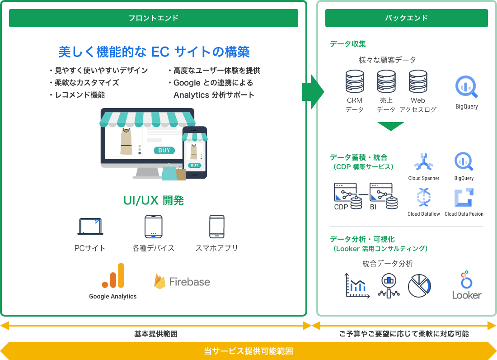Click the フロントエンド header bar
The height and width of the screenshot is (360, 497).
154,18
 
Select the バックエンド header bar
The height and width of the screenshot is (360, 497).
406,18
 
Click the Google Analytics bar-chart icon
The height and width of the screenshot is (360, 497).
113,276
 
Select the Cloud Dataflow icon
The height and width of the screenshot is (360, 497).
423,198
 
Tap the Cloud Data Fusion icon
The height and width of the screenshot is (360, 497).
464,198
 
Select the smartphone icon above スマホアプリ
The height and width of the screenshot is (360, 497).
217,226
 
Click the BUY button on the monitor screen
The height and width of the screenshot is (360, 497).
164,150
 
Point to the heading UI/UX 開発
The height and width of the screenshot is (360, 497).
154,201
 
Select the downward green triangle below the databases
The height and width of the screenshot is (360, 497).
390,126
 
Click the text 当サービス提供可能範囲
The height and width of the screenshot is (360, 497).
248,351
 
